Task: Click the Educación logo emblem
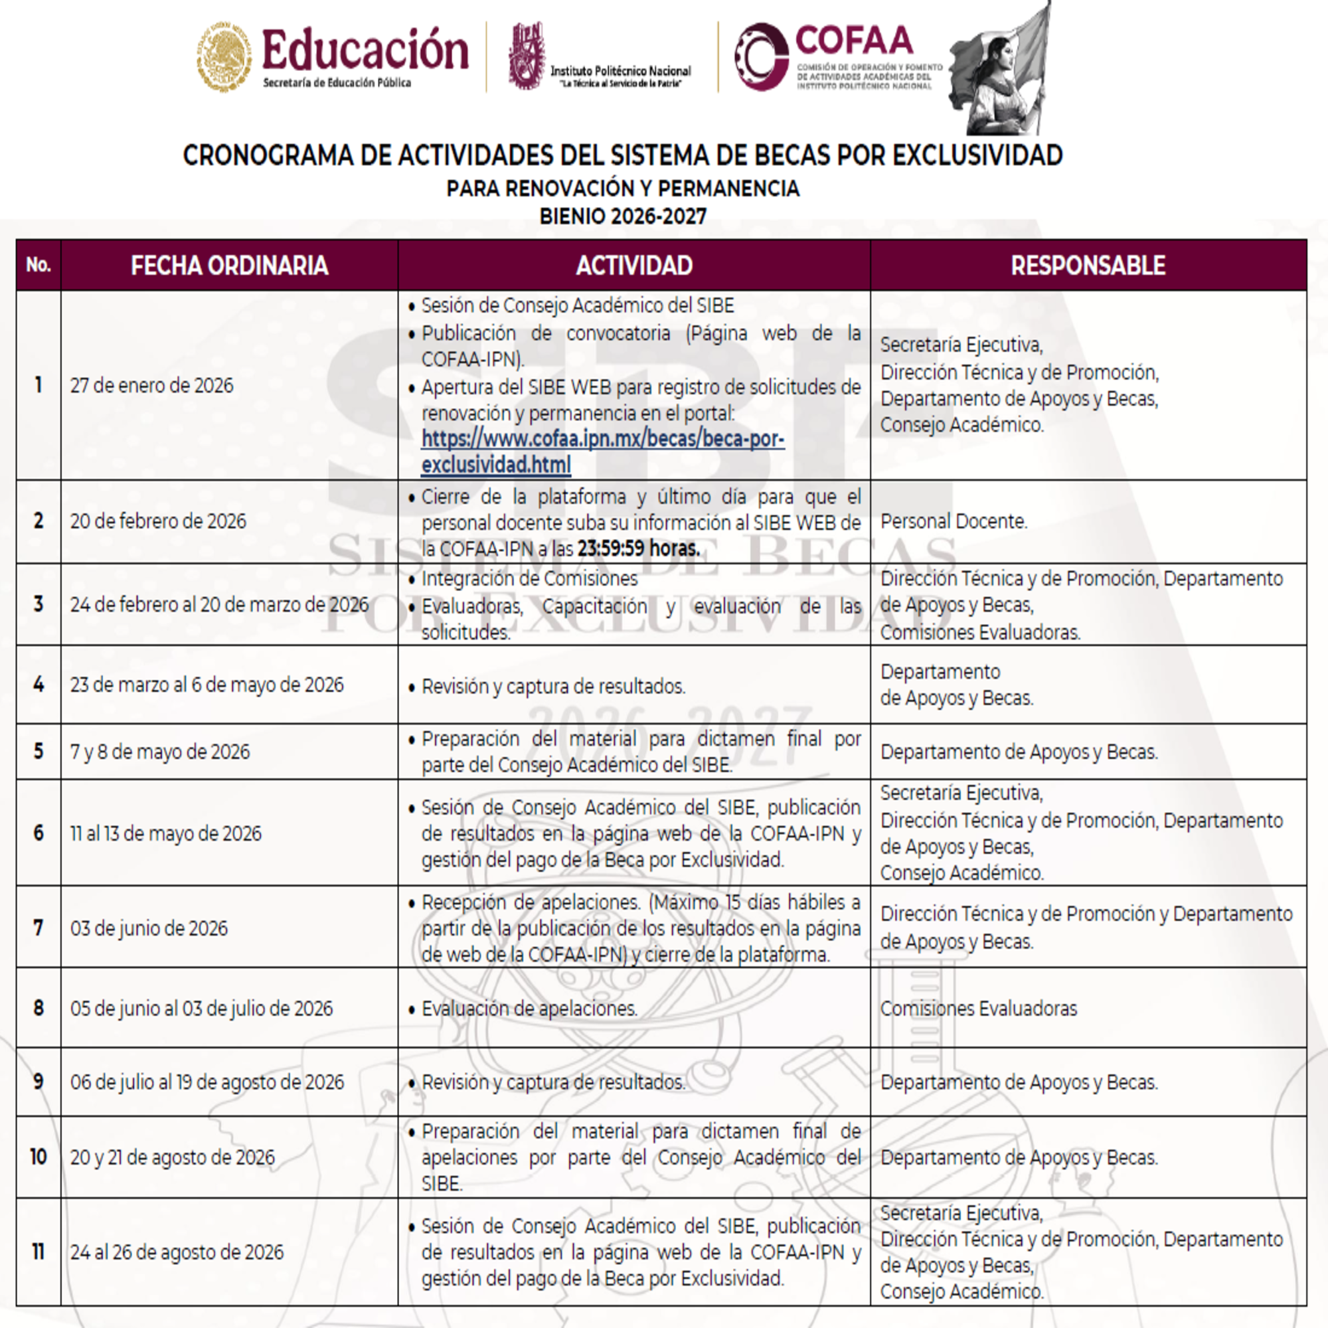pyautogui.click(x=223, y=56)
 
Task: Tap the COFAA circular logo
pyautogui.click(x=760, y=56)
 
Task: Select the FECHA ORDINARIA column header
pyautogui.click(x=229, y=266)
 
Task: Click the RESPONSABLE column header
pyautogui.click(x=1088, y=266)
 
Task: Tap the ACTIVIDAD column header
pyautogui.click(x=633, y=266)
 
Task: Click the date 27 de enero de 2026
pyautogui.click(x=152, y=386)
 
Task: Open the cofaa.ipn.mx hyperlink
pyautogui.click(x=602, y=452)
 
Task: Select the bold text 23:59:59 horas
pyautogui.click(x=638, y=548)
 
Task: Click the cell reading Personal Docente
pyautogui.click(x=954, y=522)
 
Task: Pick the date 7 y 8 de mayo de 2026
pyautogui.click(x=160, y=751)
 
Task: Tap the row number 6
pyautogui.click(x=39, y=833)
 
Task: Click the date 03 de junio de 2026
pyautogui.click(x=149, y=928)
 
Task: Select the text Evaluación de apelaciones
pyautogui.click(x=529, y=1009)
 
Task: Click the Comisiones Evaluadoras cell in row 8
pyautogui.click(x=978, y=1009)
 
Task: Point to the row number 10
pyautogui.click(x=39, y=1157)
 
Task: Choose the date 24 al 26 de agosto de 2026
pyautogui.click(x=177, y=1252)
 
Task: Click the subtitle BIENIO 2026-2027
pyautogui.click(x=623, y=216)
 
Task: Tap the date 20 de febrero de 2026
pyautogui.click(x=158, y=522)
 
